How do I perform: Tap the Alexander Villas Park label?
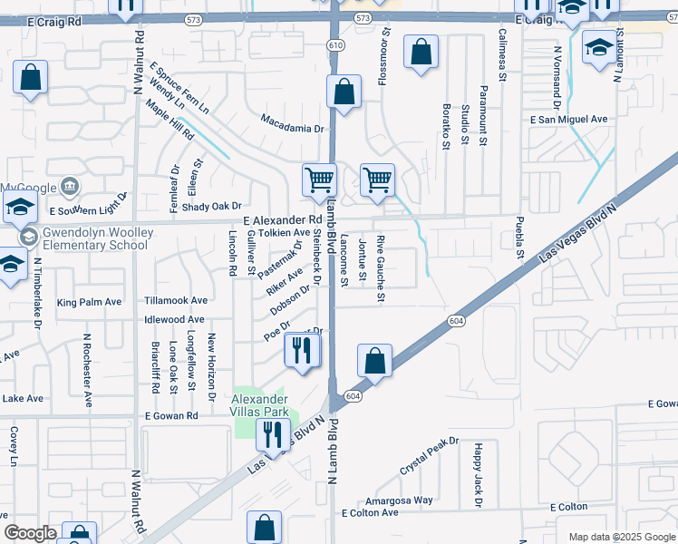(x=259, y=405)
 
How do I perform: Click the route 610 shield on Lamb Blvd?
(x=335, y=44)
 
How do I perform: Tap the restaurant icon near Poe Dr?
(x=303, y=349)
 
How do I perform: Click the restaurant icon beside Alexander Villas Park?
(x=272, y=433)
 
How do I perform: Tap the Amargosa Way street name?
(x=399, y=500)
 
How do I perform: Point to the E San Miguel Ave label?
(x=568, y=120)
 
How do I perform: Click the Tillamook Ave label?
(x=176, y=300)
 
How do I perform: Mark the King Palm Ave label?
(x=89, y=302)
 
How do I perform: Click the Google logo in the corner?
(x=31, y=533)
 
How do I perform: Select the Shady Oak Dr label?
(x=211, y=207)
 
